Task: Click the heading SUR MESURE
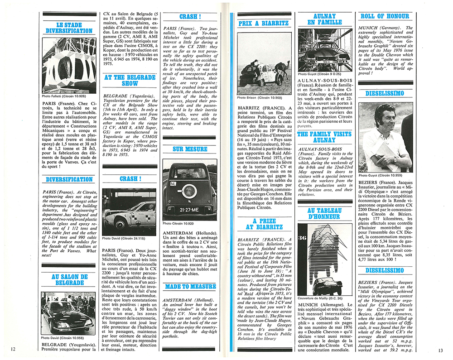(x=190, y=149)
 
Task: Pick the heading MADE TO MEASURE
(x=190, y=287)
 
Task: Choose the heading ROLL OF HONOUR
(x=385, y=16)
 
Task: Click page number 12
(x=13, y=349)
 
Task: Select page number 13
(x=440, y=349)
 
